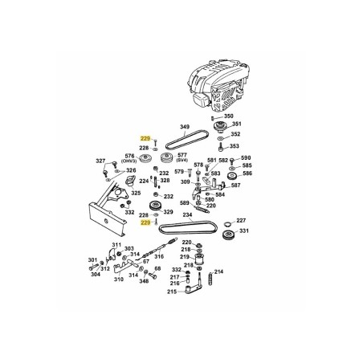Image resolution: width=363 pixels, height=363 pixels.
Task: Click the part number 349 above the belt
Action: pyautogui.click(x=185, y=127)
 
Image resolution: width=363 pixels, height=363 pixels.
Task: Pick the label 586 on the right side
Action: pyautogui.click(x=247, y=173)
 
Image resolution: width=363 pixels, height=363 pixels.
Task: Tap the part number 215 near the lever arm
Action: pyautogui.click(x=173, y=292)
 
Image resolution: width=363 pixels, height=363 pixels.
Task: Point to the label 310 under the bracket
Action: pyautogui.click(x=119, y=279)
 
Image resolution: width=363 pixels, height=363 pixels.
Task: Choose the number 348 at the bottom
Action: pyautogui.click(x=144, y=281)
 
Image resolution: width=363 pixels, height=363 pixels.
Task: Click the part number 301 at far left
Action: pyautogui.click(x=92, y=260)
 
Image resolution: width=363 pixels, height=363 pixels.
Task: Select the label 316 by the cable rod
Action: pyautogui.click(x=160, y=257)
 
